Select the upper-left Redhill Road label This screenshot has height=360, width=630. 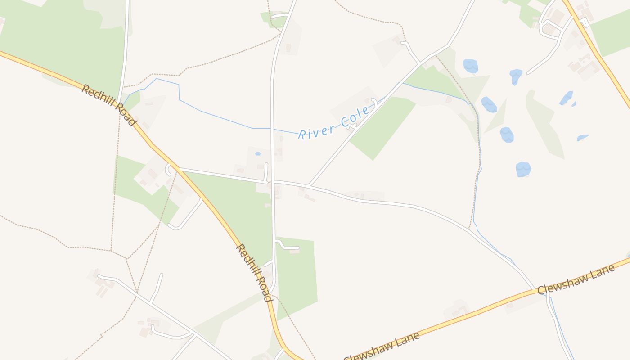108,105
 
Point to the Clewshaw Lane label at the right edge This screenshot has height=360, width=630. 576,280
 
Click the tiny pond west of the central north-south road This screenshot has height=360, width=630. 257,154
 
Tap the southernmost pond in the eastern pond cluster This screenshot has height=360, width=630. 523,169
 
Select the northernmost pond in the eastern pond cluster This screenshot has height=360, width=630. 470,66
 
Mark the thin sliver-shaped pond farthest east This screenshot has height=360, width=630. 582,138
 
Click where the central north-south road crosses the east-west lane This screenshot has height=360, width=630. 273,181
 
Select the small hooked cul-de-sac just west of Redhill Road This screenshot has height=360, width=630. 169,169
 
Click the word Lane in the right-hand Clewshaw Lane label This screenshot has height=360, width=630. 601,272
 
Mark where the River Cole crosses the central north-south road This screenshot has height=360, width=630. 272,129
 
